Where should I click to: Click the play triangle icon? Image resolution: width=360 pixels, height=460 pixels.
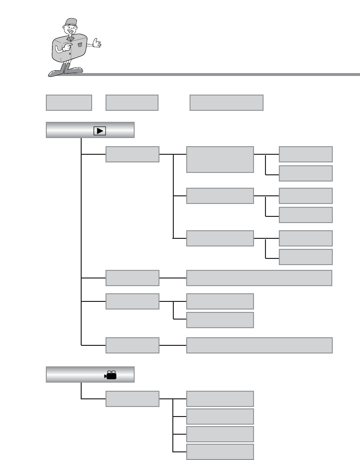(100, 130)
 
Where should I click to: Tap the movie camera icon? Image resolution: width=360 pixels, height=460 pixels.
(111, 375)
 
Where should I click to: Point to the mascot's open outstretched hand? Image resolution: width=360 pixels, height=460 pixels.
(97, 44)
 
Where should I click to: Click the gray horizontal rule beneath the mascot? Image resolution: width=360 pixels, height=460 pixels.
(220, 75)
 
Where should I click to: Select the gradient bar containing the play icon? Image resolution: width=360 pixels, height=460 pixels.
(90, 130)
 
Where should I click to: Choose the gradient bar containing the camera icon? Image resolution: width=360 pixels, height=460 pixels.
(90, 375)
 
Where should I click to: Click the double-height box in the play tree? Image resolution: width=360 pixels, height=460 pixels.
(220, 160)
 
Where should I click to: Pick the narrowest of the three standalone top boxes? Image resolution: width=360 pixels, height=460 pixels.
(69, 103)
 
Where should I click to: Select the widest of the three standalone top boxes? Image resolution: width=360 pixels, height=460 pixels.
(226, 103)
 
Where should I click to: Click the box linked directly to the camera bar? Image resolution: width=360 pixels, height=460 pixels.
(132, 399)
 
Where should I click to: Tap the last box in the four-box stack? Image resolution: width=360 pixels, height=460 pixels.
(220, 452)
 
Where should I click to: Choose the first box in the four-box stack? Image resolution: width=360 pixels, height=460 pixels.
(220, 399)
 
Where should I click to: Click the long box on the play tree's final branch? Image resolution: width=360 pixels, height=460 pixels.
(259, 345)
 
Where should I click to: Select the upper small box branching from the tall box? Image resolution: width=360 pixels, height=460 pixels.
(306, 154)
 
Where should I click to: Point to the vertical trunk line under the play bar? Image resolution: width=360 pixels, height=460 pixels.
(82, 239)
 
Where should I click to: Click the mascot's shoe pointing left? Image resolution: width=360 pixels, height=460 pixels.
(55, 74)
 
